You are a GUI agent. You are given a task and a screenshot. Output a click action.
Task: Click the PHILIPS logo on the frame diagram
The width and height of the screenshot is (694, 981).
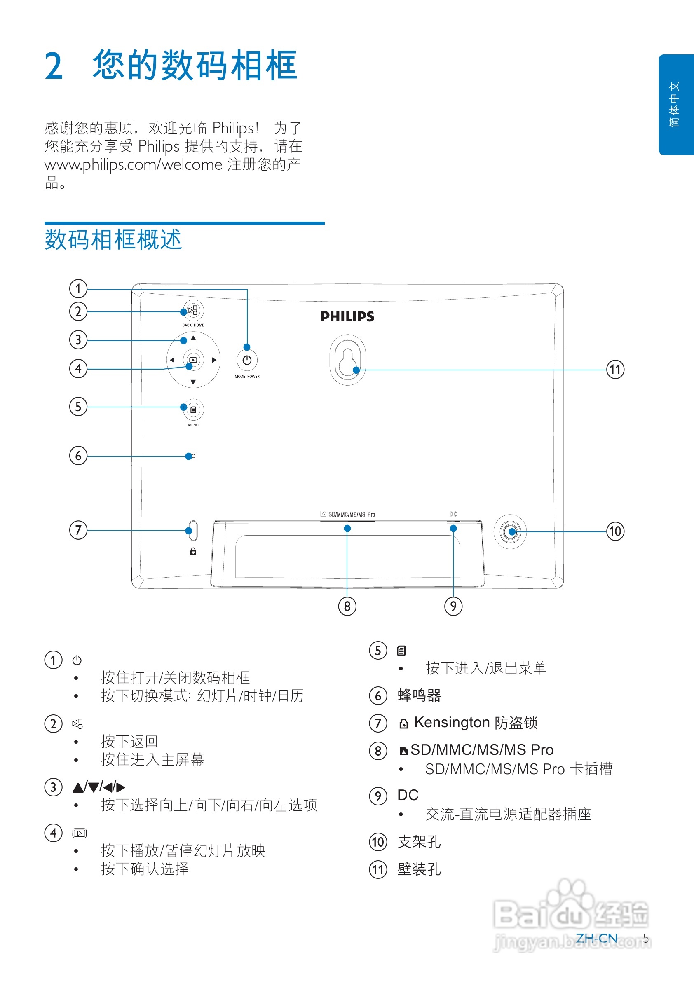(x=347, y=316)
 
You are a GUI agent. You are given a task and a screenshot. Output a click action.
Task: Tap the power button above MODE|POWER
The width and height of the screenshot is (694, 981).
(x=247, y=360)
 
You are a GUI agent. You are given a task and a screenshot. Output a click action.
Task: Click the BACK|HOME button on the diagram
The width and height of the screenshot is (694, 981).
(x=193, y=311)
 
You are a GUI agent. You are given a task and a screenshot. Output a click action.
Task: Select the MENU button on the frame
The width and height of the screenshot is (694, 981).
(x=193, y=410)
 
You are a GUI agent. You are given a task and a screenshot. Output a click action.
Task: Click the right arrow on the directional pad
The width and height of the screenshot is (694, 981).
(x=214, y=360)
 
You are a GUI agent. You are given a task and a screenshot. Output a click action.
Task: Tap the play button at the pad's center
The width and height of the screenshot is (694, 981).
(x=193, y=360)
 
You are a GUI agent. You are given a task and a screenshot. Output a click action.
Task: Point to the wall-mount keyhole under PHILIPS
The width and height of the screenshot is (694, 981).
(x=347, y=360)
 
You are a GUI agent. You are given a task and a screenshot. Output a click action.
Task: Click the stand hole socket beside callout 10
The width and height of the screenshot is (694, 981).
(x=511, y=532)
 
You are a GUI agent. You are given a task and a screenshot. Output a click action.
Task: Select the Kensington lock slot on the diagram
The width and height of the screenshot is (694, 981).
(x=193, y=531)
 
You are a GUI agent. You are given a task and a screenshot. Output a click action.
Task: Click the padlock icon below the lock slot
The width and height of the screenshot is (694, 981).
(x=193, y=552)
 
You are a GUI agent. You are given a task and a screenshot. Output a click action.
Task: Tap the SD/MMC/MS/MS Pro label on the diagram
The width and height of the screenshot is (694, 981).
(x=351, y=515)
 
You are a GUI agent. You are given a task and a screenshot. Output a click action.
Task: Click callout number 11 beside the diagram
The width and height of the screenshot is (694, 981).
(x=615, y=370)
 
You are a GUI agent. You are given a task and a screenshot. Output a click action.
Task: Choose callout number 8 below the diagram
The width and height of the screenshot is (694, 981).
(x=347, y=606)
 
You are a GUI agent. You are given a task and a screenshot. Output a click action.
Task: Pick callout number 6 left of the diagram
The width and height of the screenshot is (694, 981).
(x=78, y=456)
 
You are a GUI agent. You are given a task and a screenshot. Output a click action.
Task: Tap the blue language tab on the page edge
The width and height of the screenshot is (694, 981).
(x=675, y=105)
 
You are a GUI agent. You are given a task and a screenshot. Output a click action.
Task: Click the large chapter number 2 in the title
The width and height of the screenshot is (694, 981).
(x=54, y=66)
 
